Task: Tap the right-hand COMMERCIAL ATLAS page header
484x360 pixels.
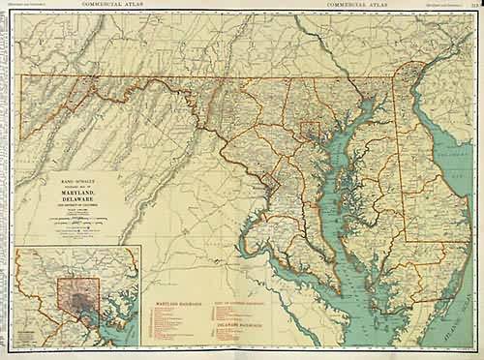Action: [358, 5]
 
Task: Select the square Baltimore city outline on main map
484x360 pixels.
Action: [311, 131]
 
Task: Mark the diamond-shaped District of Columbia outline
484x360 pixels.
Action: [274, 181]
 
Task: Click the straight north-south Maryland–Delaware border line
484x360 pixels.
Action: [399, 165]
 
